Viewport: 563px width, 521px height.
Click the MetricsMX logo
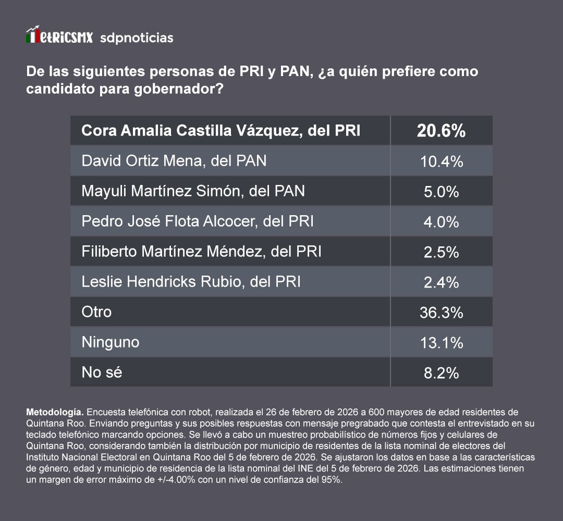[x=59, y=36]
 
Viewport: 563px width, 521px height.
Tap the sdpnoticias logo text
[x=136, y=38]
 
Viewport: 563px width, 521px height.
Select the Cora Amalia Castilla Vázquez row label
[x=221, y=130]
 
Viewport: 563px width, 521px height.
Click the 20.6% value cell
[x=441, y=131]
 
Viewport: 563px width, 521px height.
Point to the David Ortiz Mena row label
[x=174, y=161]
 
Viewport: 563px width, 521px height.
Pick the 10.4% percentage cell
[x=441, y=162]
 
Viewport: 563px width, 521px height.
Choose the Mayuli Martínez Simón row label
[x=193, y=191]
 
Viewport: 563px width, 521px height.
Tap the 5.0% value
[x=441, y=192]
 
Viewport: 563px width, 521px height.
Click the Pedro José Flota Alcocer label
[x=198, y=221]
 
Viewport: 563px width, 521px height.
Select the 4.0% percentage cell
[x=441, y=222]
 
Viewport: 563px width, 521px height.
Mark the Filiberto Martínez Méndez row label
[x=201, y=252]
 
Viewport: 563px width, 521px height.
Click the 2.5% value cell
[x=441, y=252]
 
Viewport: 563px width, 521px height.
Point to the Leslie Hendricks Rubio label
[x=191, y=282]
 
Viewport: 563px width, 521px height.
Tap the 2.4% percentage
[x=441, y=282]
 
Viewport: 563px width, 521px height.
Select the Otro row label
[x=96, y=312]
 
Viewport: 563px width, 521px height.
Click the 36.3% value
[x=441, y=313]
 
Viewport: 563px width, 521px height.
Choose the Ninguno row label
[x=111, y=342]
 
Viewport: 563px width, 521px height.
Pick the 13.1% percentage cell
[x=441, y=343]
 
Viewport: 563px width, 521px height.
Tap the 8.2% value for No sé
[x=441, y=373]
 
